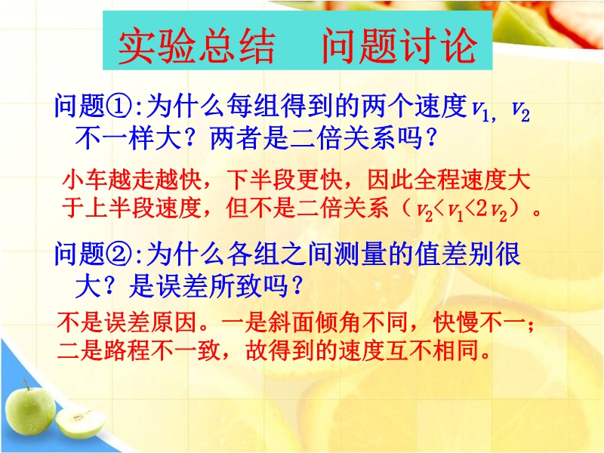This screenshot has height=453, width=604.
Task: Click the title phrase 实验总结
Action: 196,46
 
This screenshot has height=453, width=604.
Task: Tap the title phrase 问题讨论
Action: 399,46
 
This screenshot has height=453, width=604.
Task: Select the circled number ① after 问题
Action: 118,106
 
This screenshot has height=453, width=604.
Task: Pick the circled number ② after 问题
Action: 118,254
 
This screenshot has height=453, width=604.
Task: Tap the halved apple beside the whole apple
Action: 80,423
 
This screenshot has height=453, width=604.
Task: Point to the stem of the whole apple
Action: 26,384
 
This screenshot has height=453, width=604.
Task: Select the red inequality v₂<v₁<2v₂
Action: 462,211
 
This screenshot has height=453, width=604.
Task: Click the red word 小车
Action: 85,180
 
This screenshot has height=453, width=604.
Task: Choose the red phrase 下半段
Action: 260,180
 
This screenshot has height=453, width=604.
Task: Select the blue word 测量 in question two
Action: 361,254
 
